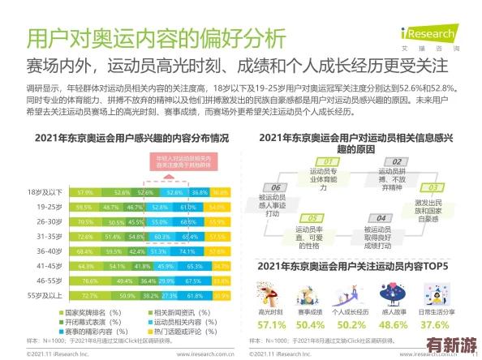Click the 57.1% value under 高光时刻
[271, 324]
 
